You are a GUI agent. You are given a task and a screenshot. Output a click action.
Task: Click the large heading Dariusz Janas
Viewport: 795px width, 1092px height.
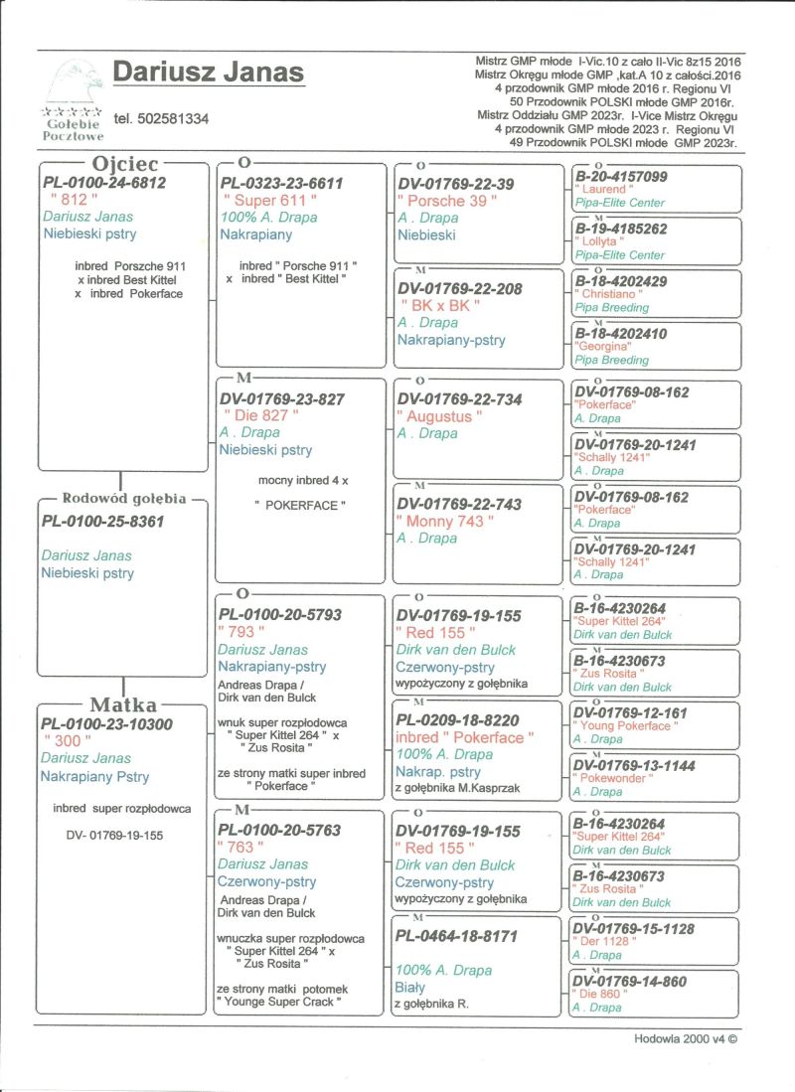pyautogui.click(x=208, y=73)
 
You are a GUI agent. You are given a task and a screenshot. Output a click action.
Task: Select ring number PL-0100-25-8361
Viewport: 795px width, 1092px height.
pyautogui.click(x=102, y=521)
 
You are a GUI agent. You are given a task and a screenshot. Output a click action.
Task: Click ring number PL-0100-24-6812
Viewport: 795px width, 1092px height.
pyautogui.click(x=104, y=183)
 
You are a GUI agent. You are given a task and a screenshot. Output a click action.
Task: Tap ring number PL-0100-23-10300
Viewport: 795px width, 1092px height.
pyautogui.click(x=107, y=724)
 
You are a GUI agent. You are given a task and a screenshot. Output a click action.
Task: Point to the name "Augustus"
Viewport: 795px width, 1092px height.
pyautogui.click(x=439, y=416)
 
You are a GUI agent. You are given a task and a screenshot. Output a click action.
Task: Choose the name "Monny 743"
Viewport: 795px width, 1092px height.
pyautogui.click(x=440, y=521)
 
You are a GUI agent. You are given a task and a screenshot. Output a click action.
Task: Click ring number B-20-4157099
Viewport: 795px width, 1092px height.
pyautogui.click(x=621, y=177)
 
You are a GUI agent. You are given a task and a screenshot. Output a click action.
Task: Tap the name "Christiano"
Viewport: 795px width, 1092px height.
pyautogui.click(x=608, y=295)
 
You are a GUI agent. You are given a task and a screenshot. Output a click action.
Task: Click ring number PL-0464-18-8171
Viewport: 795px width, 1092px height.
pyautogui.click(x=458, y=935)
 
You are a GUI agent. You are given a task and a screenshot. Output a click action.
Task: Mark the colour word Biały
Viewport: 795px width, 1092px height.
pyautogui.click(x=410, y=988)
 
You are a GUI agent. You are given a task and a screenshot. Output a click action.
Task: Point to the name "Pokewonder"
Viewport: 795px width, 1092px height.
pyautogui.click(x=611, y=779)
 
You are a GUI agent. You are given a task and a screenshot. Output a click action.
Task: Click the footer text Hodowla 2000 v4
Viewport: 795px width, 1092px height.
pyautogui.click(x=686, y=1038)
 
